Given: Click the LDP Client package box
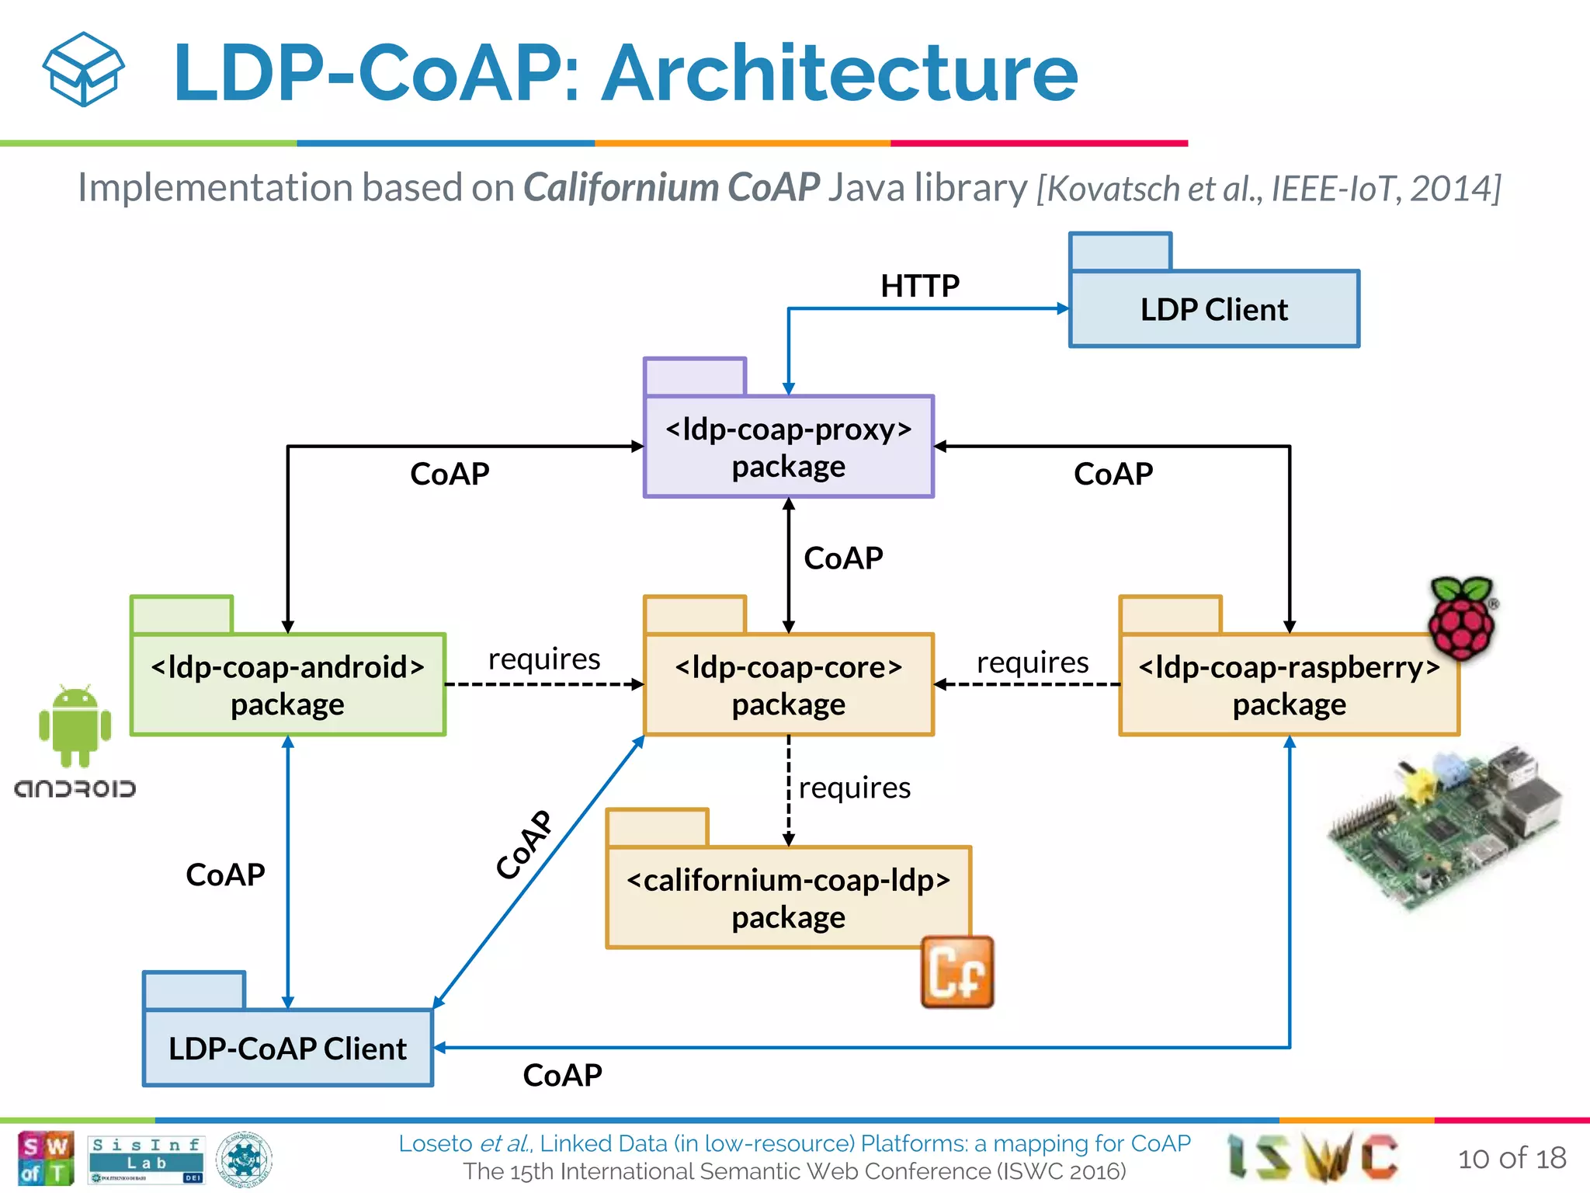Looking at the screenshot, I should pyautogui.click(x=1213, y=308).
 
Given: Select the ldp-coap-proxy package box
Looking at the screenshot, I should pyautogui.click(x=788, y=447).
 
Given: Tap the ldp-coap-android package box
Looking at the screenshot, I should pyautogui.click(x=287, y=684).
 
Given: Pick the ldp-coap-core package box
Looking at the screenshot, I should pyautogui.click(x=788, y=684).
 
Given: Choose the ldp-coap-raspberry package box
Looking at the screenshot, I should pyautogui.click(x=1289, y=684).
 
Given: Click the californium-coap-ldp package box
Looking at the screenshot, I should pyautogui.click(x=788, y=897).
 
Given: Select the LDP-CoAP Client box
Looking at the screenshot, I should pyautogui.click(x=287, y=1047).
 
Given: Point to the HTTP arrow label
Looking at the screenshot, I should pyautogui.click(x=919, y=286).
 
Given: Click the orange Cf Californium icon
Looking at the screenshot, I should pyautogui.click(x=956, y=972).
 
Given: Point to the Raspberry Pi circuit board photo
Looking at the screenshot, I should pyautogui.click(x=1444, y=827).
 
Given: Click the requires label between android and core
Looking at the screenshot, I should pyautogui.click(x=543, y=659).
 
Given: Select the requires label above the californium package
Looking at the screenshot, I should pyautogui.click(x=854, y=788).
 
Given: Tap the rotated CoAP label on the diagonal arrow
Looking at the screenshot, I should pyautogui.click(x=525, y=844).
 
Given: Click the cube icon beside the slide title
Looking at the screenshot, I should pyautogui.click(x=83, y=70).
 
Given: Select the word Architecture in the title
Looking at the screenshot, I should pyautogui.click(x=840, y=73).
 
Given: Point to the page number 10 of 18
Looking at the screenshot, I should pyautogui.click(x=1511, y=1158).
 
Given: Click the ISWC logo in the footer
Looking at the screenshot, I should pyautogui.click(x=1312, y=1156).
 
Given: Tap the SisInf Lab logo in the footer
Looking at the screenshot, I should pyautogui.click(x=146, y=1158).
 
